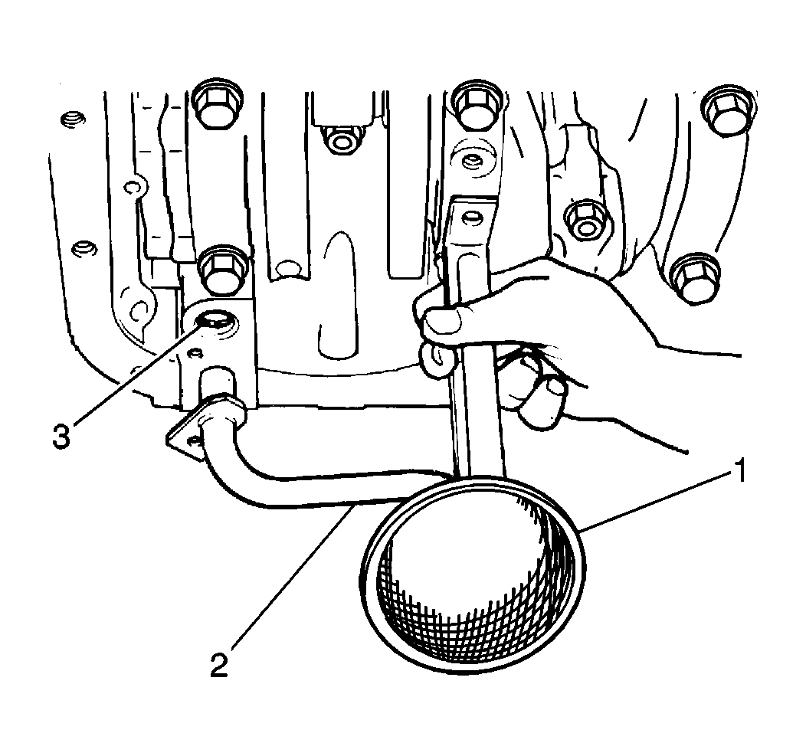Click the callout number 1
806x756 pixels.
[x=738, y=471]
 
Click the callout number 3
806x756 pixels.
[x=61, y=437]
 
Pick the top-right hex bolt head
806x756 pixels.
[x=729, y=111]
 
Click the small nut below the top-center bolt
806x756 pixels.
[x=339, y=140]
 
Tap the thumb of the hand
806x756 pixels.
[x=442, y=321]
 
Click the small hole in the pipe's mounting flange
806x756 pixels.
[x=194, y=441]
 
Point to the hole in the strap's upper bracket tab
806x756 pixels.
[x=468, y=219]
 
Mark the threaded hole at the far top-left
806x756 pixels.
[x=70, y=121]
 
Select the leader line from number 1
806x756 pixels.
[x=654, y=502]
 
